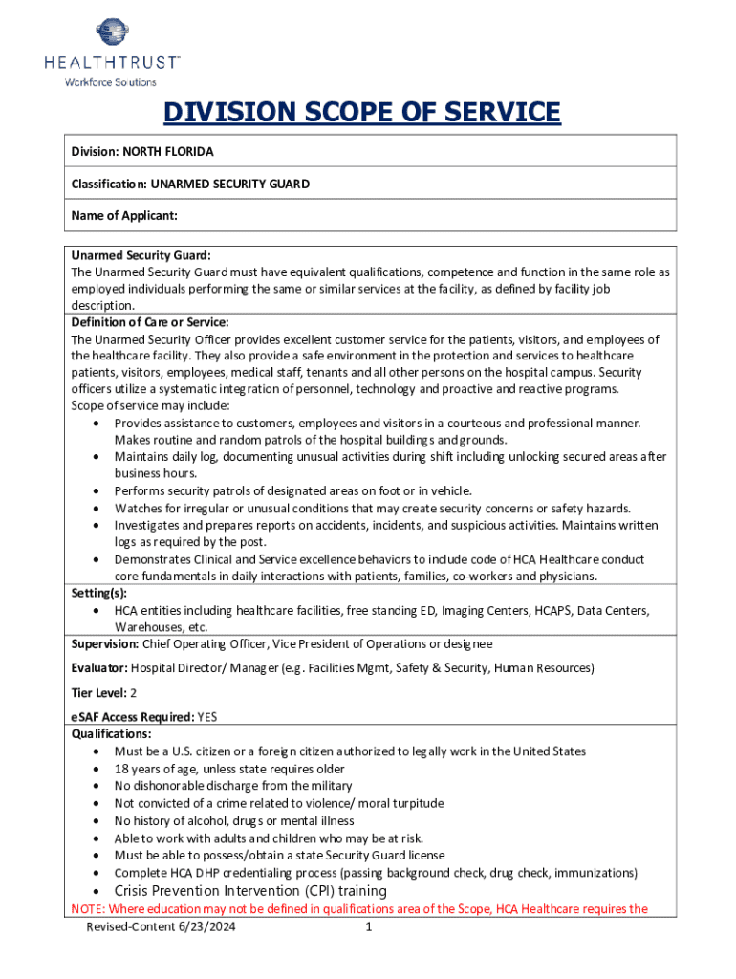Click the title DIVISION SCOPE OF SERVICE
[x=361, y=113]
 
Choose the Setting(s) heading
[x=99, y=593]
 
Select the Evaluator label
[x=99, y=667]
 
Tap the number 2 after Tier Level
[x=133, y=692]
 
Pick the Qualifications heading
[x=111, y=734]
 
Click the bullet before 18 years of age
[x=98, y=770]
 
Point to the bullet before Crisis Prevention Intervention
[x=98, y=891]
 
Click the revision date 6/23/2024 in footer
[x=203, y=927]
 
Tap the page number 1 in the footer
[x=368, y=927]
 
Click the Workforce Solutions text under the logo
[x=110, y=82]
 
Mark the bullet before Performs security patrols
[x=98, y=491]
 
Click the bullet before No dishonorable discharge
[x=98, y=787]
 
